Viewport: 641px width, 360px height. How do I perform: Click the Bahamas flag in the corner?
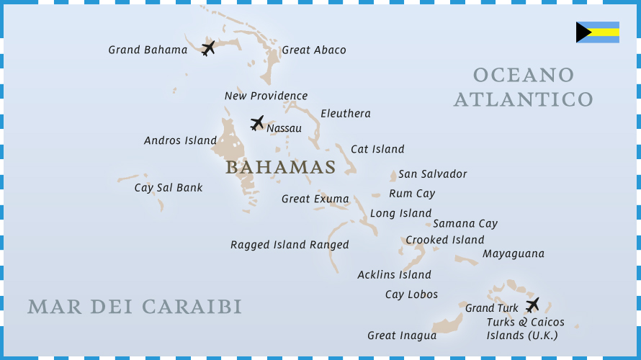597,32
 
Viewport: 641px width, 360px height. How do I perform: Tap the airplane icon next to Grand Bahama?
208,48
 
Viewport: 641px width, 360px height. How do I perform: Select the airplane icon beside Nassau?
256,123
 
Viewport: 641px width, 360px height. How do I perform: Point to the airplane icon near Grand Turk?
532,305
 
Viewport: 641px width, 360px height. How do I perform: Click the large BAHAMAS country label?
280,168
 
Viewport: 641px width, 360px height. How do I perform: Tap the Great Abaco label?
314,50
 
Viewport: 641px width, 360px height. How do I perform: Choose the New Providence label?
266,96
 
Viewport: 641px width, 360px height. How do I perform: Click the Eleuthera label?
346,114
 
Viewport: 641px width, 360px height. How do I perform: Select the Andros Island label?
180,140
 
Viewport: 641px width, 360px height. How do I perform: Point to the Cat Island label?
377,150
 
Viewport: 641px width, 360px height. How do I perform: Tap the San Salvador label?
433,174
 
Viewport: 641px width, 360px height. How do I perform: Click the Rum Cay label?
412,194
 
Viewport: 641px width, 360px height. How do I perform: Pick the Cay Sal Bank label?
169,188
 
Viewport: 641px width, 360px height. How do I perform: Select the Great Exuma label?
315,199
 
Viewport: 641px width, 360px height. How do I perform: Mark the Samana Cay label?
465,224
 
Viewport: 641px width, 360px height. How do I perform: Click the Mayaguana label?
514,254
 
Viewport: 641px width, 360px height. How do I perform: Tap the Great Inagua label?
402,336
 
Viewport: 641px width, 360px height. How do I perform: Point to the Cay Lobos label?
411,294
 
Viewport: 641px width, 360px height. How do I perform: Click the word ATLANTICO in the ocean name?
524,99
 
